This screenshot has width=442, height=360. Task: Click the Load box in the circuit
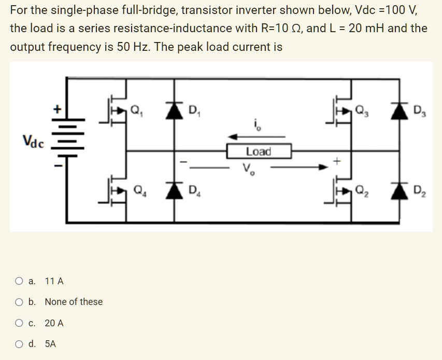pyautogui.click(x=259, y=151)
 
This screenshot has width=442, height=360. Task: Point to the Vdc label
pyautogui.click(x=33, y=141)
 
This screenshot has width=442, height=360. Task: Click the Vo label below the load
pyautogui.click(x=248, y=169)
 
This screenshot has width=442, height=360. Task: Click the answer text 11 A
pyautogui.click(x=54, y=282)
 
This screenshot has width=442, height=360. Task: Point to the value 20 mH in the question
pyautogui.click(x=366, y=28)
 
